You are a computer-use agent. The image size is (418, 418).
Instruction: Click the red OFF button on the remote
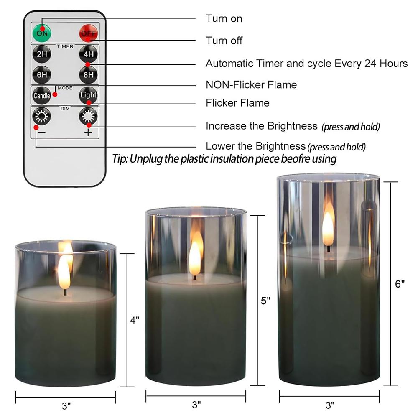(x=88, y=33)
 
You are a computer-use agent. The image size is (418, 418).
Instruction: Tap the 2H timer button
(x=42, y=54)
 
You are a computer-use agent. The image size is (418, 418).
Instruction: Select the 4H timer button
(x=88, y=54)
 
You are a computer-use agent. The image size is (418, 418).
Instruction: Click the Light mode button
(x=88, y=95)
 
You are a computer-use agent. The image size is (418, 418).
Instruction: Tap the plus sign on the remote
(x=88, y=133)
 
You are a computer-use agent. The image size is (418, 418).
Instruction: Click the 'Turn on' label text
(x=224, y=18)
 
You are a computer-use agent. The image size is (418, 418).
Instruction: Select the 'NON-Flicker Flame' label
(x=251, y=85)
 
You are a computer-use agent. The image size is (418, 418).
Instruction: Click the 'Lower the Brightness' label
(x=255, y=146)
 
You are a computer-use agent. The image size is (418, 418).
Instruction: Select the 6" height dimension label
(x=400, y=284)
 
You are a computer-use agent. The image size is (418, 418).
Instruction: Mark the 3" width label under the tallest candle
(x=330, y=405)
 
